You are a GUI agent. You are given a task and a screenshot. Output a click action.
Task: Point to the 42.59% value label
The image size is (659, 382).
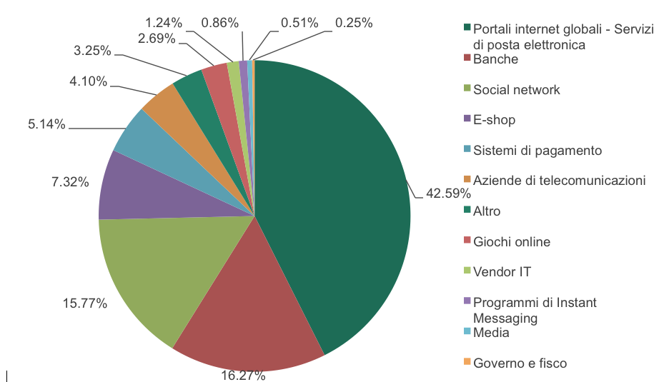pos(449,193)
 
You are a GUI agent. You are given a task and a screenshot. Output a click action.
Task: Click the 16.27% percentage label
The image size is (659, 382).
pos(244,375)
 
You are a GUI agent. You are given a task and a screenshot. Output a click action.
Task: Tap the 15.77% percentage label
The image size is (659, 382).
pos(85,303)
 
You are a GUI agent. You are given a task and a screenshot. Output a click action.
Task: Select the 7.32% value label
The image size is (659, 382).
pos(70,182)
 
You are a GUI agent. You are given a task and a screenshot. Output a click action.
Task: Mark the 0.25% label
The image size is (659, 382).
pos(354,22)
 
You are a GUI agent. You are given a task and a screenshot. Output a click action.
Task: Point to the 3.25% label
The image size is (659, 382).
pos(92,51)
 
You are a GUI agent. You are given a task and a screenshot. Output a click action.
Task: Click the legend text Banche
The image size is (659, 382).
pos(495,59)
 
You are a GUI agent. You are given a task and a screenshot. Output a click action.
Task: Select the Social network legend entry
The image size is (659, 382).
pos(516,90)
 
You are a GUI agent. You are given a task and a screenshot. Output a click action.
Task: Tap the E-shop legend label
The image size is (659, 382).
pos(494,120)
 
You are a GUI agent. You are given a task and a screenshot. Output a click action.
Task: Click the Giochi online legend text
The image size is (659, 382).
pos(511,242)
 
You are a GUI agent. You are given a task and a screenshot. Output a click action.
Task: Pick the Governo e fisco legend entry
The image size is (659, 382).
pos(520,363)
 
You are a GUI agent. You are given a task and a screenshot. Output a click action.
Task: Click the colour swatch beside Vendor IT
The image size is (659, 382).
pos(467,271)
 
